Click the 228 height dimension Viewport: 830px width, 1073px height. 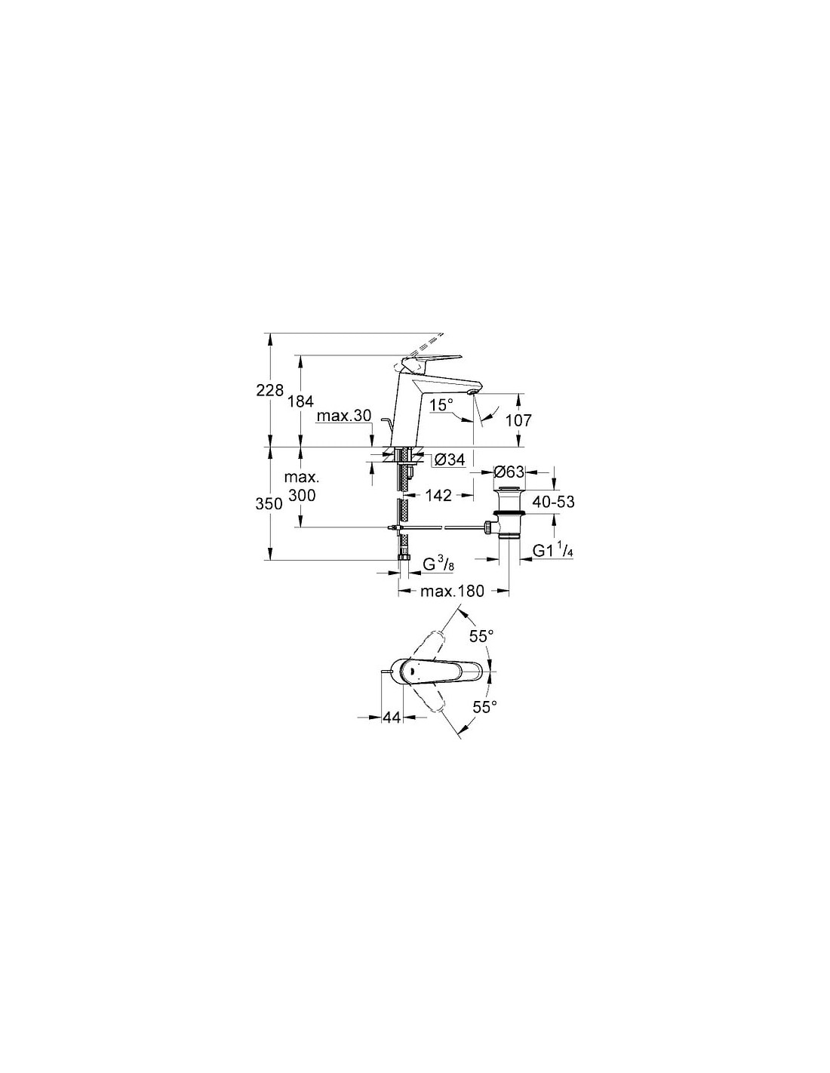tap(269, 390)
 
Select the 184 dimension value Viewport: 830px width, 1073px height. tap(300, 401)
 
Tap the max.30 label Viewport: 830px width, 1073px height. tap(343, 416)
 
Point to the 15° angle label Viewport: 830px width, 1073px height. tap(441, 405)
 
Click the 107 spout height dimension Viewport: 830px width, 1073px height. tap(519, 420)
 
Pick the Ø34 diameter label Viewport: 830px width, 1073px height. tap(450, 460)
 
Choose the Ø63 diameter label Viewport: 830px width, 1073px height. tap(509, 472)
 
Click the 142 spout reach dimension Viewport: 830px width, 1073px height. tap(438, 495)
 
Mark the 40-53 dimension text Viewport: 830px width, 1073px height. tap(554, 502)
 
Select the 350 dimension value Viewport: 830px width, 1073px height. tap(269, 503)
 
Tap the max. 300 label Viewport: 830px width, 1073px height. tap(302, 487)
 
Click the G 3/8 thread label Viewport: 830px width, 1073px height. tap(438, 564)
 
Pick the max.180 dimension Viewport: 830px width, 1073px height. tap(452, 591)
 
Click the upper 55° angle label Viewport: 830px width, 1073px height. tap(481, 637)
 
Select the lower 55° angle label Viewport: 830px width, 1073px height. tap(484, 707)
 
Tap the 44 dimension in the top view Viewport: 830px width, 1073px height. tap(392, 718)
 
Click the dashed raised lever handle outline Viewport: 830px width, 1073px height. tap(420, 349)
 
